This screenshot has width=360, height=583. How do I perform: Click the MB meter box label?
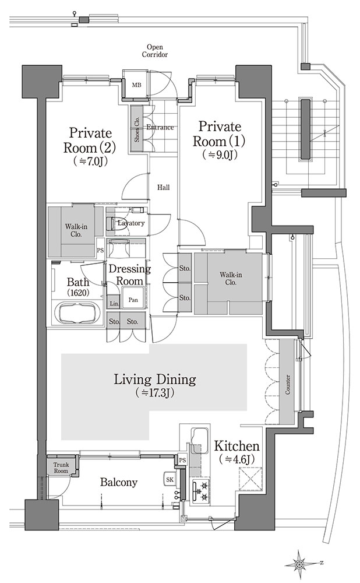tap(137, 85)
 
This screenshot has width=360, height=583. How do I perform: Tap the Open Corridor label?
tap(155, 51)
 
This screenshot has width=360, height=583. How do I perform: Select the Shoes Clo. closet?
tap(137, 129)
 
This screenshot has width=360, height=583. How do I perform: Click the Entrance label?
tap(160, 127)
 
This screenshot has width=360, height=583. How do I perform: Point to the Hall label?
tap(164, 187)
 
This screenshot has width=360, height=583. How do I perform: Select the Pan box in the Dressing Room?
tap(133, 299)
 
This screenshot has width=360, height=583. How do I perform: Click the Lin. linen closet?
tap(114, 304)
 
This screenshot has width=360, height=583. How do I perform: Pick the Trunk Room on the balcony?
tap(61, 468)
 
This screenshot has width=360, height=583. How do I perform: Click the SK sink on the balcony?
tap(170, 480)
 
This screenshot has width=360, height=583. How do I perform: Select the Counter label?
tap(288, 384)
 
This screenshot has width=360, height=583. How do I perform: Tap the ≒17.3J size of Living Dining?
tap(155, 392)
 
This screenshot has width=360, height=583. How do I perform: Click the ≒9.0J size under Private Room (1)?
tap(220, 154)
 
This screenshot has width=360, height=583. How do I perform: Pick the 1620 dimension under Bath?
tap(78, 293)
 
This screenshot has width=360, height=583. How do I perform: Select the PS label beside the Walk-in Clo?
tap(100, 250)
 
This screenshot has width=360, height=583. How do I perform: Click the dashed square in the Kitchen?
tap(250, 479)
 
